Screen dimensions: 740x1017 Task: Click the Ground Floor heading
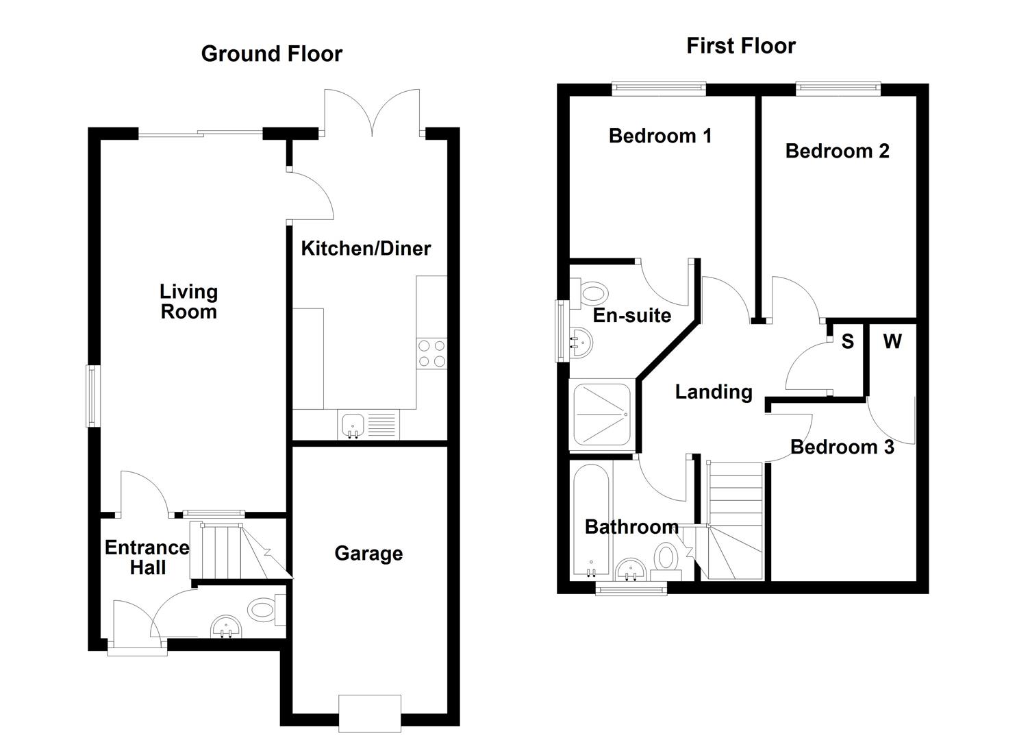point(271,53)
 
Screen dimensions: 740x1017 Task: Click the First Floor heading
point(740,46)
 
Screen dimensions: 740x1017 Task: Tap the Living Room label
point(188,301)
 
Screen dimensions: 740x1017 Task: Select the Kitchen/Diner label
point(366,248)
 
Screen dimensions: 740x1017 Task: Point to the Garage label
point(368,554)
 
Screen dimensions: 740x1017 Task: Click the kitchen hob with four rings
point(431,354)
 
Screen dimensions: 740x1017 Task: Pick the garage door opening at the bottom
point(370,708)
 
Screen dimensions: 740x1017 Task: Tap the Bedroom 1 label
point(660,136)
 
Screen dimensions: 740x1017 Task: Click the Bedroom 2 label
point(837,151)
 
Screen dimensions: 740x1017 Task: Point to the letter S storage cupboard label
point(847,341)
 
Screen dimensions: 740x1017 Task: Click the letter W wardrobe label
point(892,341)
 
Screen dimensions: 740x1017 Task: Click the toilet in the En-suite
point(591,293)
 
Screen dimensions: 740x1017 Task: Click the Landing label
point(714,392)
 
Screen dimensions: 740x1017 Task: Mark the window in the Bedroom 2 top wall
point(838,88)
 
